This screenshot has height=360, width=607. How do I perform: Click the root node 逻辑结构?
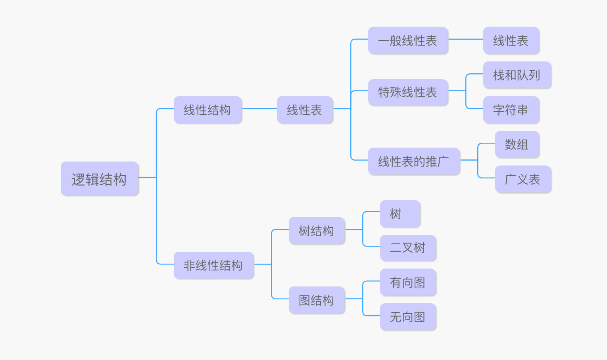click(x=100, y=179)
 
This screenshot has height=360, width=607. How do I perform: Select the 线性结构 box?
click(x=207, y=110)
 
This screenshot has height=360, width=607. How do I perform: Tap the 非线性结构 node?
click(x=213, y=265)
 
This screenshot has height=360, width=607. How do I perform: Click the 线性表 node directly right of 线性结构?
click(x=305, y=110)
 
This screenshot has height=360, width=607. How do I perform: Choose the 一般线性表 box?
click(x=408, y=40)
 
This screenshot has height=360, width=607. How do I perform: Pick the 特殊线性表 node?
click(x=408, y=92)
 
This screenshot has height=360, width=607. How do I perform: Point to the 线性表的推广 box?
click(x=414, y=161)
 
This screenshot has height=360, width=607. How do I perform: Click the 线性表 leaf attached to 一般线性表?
click(x=511, y=40)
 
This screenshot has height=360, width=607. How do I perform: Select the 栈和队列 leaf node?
click(x=517, y=75)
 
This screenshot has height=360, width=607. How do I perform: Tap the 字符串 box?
click(x=511, y=110)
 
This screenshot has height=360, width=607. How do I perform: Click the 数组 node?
click(x=517, y=144)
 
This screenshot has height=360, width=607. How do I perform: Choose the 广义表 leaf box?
click(x=523, y=179)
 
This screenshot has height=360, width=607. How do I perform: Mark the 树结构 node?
click(x=317, y=231)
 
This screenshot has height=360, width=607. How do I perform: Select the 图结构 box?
click(x=317, y=300)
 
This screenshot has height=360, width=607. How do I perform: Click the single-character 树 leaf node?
click(x=400, y=214)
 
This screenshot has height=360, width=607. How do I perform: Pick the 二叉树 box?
click(x=408, y=248)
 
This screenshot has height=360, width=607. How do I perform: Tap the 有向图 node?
click(x=408, y=282)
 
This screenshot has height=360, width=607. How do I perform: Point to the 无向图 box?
click(x=408, y=317)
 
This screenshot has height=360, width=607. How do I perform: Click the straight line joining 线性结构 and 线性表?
click(x=259, y=108)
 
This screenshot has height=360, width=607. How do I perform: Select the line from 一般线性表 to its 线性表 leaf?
click(x=466, y=39)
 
